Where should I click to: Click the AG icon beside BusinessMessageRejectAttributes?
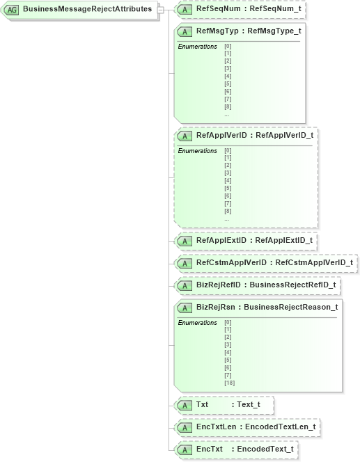pyautogui.click(x=12, y=10)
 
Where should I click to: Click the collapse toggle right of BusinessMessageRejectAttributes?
pyautogui.click(x=161, y=10)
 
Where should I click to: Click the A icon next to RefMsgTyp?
pyautogui.click(x=186, y=31)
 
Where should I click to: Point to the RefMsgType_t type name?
pyautogui.click(x=274, y=31)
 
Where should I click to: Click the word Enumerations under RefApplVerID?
pyautogui.click(x=197, y=151)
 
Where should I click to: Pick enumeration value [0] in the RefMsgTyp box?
pyautogui.click(x=228, y=47)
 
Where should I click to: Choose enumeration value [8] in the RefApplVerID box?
pyautogui.click(x=228, y=211)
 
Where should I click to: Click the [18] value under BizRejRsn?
pyautogui.click(x=229, y=383)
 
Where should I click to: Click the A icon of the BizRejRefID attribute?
pyautogui.click(x=186, y=285)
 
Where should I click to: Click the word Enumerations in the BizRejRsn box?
pyautogui.click(x=197, y=323)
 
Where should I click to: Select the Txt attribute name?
pyautogui.click(x=203, y=404)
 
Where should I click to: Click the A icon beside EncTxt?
pyautogui.click(x=186, y=449)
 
